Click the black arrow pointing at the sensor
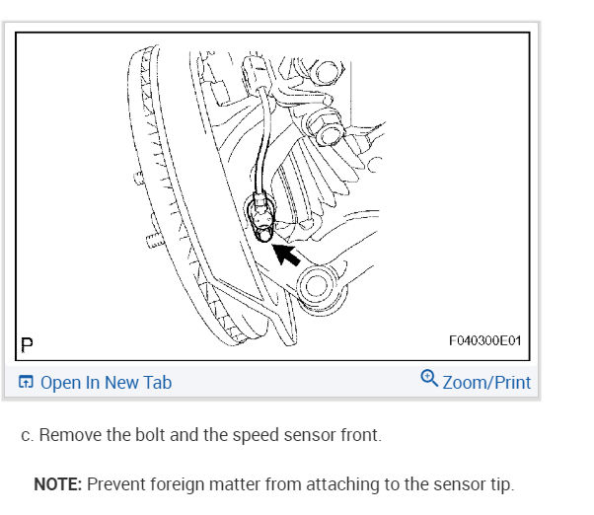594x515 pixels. [x=287, y=255]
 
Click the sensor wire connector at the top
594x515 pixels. [x=257, y=74]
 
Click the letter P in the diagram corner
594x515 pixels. [x=27, y=344]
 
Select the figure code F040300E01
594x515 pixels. [x=484, y=341]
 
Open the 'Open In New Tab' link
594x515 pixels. [x=106, y=383]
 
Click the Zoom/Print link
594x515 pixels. [x=486, y=383]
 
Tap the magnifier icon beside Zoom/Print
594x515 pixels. [x=429, y=379]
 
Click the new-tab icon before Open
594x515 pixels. [x=26, y=383]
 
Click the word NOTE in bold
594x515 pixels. [x=58, y=484]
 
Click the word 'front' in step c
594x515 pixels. [x=359, y=435]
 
